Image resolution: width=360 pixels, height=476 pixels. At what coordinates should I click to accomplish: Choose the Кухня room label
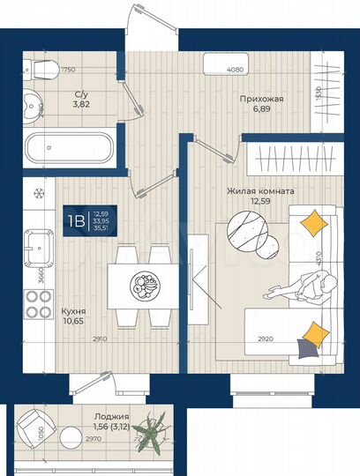72,311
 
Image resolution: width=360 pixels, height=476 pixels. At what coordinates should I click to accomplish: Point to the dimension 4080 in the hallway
235,70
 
